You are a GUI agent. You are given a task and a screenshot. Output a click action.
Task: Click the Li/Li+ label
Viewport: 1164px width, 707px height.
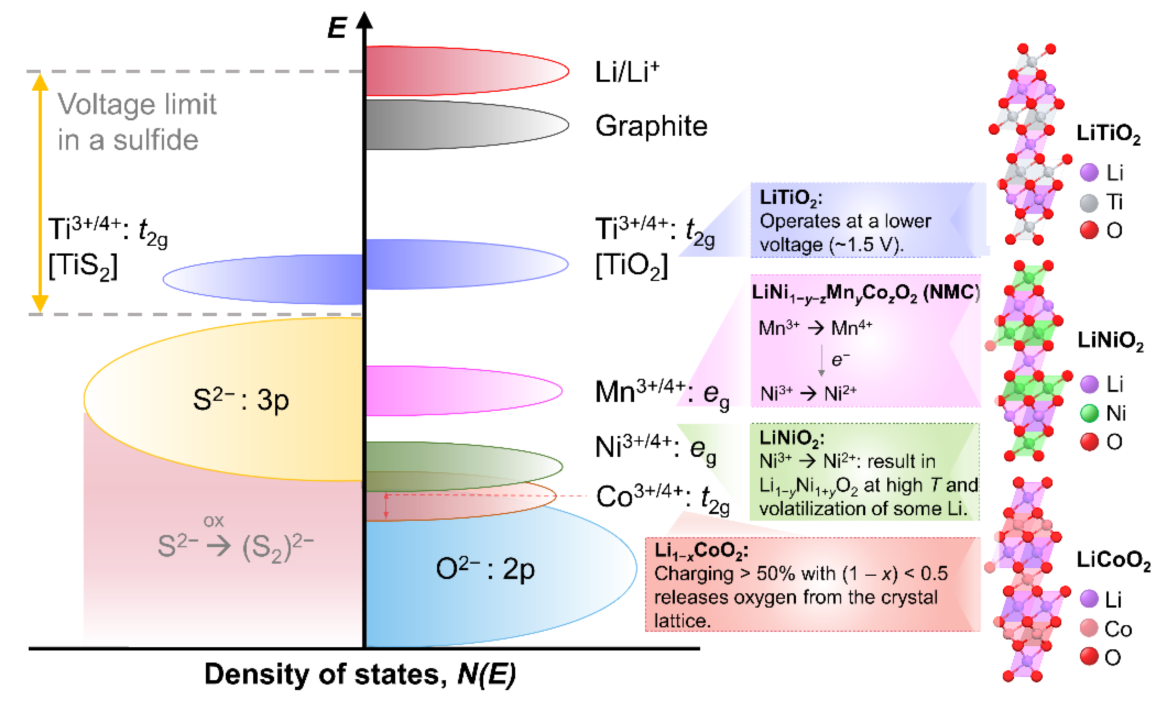click(x=627, y=72)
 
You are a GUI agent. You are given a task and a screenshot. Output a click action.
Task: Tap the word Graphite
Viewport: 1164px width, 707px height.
click(x=651, y=126)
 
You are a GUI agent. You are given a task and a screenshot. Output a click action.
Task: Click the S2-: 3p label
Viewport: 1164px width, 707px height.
click(x=241, y=400)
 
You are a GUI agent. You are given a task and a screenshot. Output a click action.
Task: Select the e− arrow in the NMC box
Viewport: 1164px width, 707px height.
click(x=822, y=360)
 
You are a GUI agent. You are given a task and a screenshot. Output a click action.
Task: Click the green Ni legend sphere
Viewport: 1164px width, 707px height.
click(x=1089, y=413)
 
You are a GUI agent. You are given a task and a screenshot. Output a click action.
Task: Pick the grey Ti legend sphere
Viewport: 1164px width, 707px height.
click(x=1089, y=202)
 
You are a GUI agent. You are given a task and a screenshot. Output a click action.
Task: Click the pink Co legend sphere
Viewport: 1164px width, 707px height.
click(x=1089, y=628)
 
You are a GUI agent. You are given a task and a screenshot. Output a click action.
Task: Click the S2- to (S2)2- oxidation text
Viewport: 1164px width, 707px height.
click(x=235, y=543)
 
